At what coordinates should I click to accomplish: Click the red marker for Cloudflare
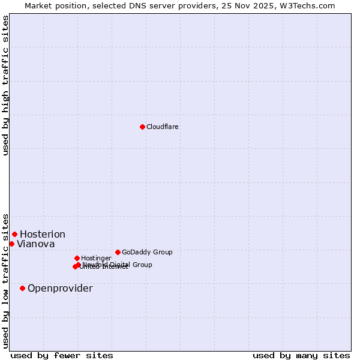pyautogui.click(x=142, y=127)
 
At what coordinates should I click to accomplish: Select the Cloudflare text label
pyautogui.click(x=163, y=127)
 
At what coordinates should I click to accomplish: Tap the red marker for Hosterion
pyautogui.click(x=14, y=234)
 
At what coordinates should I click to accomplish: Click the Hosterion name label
pyautogui.click(x=43, y=234)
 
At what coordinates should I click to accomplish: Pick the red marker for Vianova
pyautogui.click(x=11, y=244)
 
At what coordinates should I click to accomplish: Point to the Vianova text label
pyautogui.click(x=36, y=244)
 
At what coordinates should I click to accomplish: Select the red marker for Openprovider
pyautogui.click(x=22, y=288)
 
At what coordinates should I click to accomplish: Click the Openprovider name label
pyautogui.click(x=60, y=288)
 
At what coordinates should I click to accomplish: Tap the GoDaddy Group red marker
pyautogui.click(x=118, y=252)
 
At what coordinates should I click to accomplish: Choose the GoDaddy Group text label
pyautogui.click(x=147, y=252)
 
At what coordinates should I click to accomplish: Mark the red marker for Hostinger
pyautogui.click(x=77, y=258)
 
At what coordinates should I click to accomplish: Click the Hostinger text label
pyautogui.click(x=96, y=258)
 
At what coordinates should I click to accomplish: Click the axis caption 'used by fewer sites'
pyautogui.click(x=62, y=355)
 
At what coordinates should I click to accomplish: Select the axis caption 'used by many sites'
pyautogui.click(x=301, y=355)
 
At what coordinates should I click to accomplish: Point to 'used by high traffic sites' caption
pyautogui.click(x=5, y=85)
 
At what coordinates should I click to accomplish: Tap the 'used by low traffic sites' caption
pyautogui.click(x=5, y=280)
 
